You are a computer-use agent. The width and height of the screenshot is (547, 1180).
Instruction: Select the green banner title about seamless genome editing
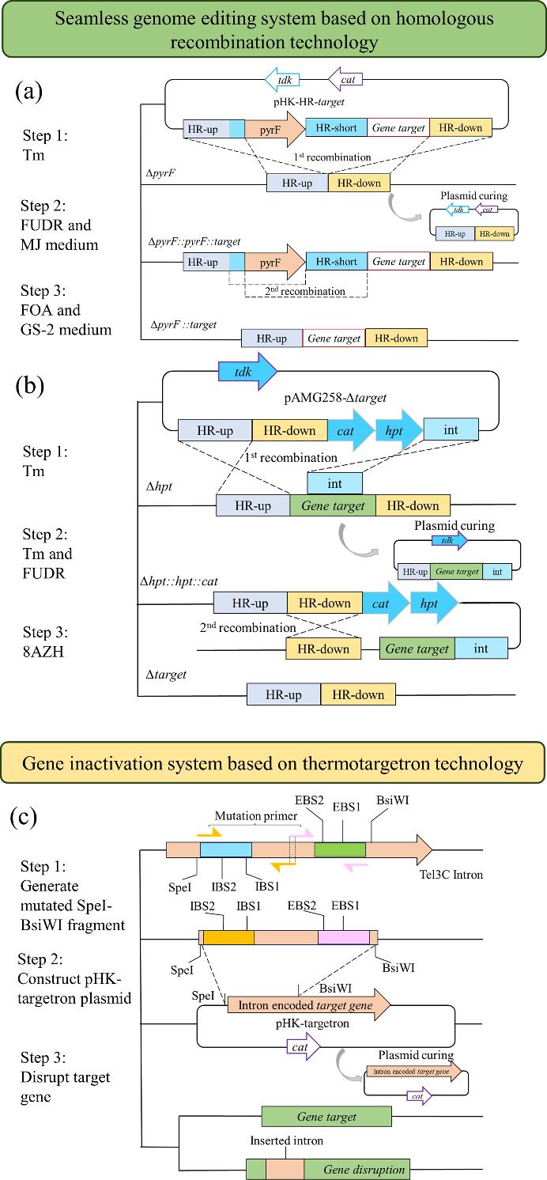coord(273,28)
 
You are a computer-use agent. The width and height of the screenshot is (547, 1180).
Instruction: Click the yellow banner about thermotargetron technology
coord(273,763)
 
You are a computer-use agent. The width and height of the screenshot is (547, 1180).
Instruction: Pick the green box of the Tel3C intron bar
coord(340,850)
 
